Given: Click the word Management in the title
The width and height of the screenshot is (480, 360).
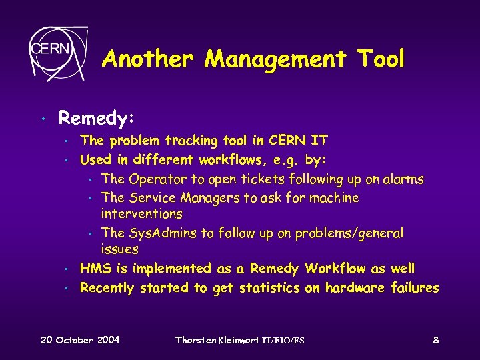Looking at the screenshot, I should coord(275,59).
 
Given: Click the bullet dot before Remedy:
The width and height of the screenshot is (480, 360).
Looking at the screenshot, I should coord(43,120).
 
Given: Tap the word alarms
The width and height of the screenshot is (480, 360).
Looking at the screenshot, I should coord(403,179).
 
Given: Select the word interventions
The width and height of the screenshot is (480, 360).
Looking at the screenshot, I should coord(141,214).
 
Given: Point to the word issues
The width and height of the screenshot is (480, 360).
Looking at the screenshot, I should coord(119,249).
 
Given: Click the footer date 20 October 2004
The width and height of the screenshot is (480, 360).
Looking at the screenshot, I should coord(80,340).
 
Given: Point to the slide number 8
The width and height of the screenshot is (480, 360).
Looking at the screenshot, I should coord(435,340).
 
